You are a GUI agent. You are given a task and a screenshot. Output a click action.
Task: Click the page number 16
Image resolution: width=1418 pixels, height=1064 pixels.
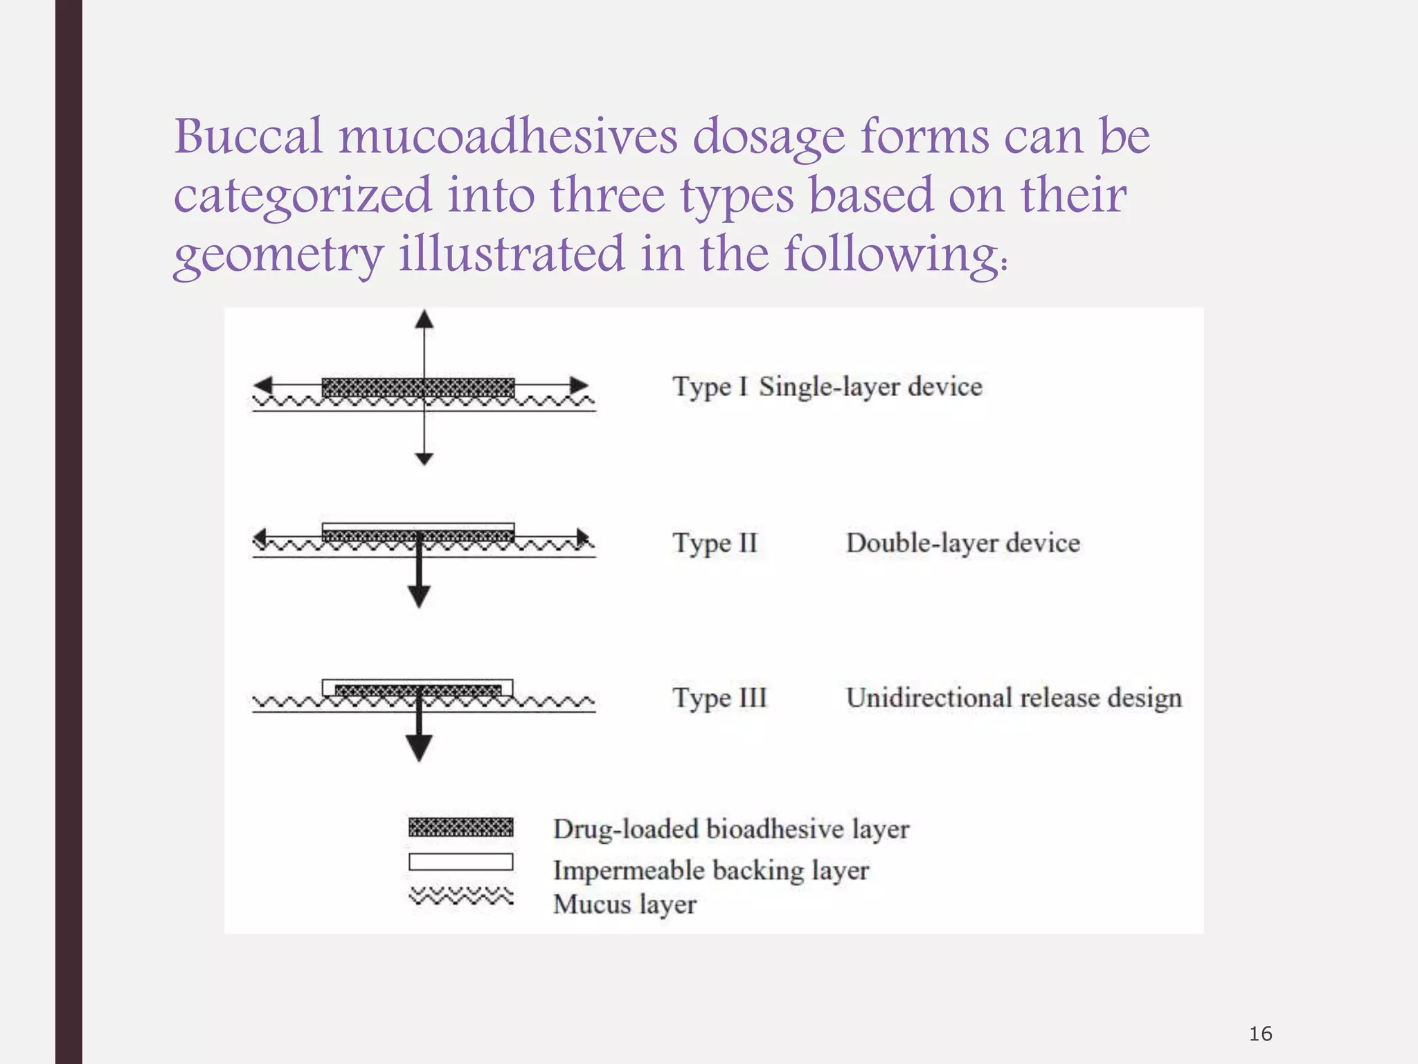(x=1260, y=1034)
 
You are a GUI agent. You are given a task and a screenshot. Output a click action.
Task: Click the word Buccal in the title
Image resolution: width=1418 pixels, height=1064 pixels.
(x=248, y=136)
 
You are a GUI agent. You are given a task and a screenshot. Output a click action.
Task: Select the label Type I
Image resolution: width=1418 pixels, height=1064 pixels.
(x=710, y=387)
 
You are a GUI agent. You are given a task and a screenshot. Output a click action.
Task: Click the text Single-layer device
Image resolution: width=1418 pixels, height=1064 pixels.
(x=870, y=387)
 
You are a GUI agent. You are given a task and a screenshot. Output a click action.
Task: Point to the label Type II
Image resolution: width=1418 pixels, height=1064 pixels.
(x=715, y=542)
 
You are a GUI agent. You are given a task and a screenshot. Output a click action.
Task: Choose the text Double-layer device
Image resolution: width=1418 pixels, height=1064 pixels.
(x=962, y=542)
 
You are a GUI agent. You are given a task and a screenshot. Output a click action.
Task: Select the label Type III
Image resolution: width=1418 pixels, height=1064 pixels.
(x=720, y=698)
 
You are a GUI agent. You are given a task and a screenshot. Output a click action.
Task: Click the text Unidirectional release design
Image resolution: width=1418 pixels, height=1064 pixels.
(x=1014, y=698)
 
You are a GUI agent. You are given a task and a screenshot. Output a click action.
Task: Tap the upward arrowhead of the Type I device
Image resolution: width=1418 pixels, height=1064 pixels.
(x=424, y=319)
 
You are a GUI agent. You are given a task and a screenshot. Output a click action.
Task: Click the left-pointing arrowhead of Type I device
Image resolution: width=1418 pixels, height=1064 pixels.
(x=263, y=385)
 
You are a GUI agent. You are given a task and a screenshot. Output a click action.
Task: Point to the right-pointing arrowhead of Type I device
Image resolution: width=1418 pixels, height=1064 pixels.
(x=579, y=385)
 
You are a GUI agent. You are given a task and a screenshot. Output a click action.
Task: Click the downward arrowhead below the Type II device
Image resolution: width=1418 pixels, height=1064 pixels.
(x=419, y=596)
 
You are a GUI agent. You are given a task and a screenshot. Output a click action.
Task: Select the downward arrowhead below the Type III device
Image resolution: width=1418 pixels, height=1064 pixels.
(x=419, y=748)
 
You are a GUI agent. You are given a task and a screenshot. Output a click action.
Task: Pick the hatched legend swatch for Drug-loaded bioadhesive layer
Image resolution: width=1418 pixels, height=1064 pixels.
(x=460, y=827)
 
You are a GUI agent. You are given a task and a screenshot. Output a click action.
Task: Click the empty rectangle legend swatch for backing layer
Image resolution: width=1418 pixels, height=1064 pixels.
(x=460, y=862)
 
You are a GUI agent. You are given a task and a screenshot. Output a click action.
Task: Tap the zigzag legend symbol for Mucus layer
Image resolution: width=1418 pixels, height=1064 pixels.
(x=460, y=896)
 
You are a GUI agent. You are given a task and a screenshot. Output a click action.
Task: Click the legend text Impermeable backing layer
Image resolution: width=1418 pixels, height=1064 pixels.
(x=710, y=870)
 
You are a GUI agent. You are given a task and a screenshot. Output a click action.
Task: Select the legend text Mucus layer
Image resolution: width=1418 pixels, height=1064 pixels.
(x=625, y=904)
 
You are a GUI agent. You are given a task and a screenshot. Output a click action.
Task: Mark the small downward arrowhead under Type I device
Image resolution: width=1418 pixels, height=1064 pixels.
(x=424, y=459)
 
